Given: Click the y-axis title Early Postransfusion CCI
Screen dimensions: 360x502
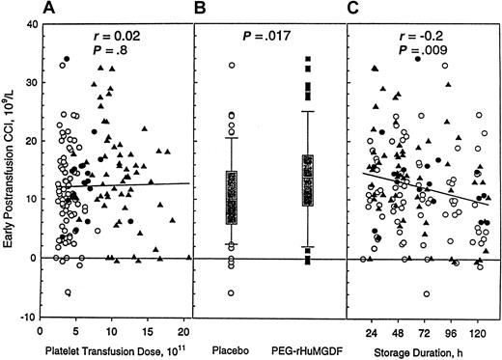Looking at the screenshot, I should point(12,169).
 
